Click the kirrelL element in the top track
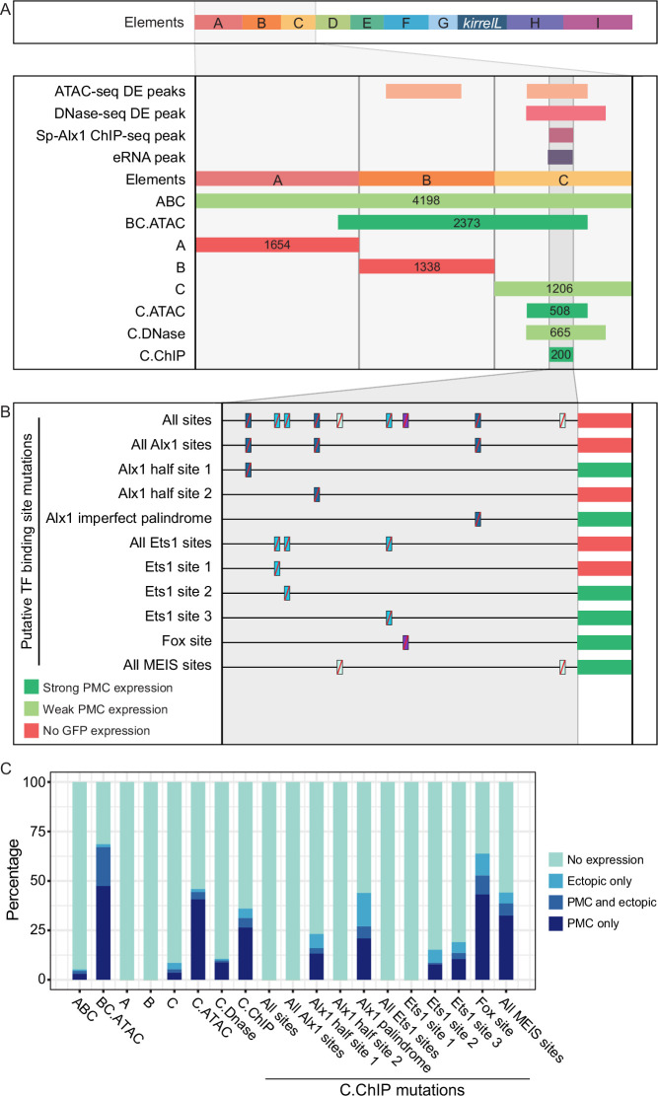[482, 23]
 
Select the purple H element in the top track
[535, 23]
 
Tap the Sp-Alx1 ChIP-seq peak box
[560, 135]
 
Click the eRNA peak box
[560, 157]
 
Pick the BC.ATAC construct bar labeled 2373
[463, 223]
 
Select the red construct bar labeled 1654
[277, 245]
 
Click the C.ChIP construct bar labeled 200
[560, 354]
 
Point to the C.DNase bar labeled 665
[565, 332]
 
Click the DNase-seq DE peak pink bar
[565, 113]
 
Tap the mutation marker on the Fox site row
[405, 642]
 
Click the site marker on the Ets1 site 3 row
[389, 618]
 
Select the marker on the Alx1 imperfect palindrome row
[477, 519]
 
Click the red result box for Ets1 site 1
[605, 567]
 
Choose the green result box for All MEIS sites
[605, 666]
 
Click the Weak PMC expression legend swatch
[32, 709]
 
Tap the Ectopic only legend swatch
[556, 881]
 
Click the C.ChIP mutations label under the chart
[402, 1088]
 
